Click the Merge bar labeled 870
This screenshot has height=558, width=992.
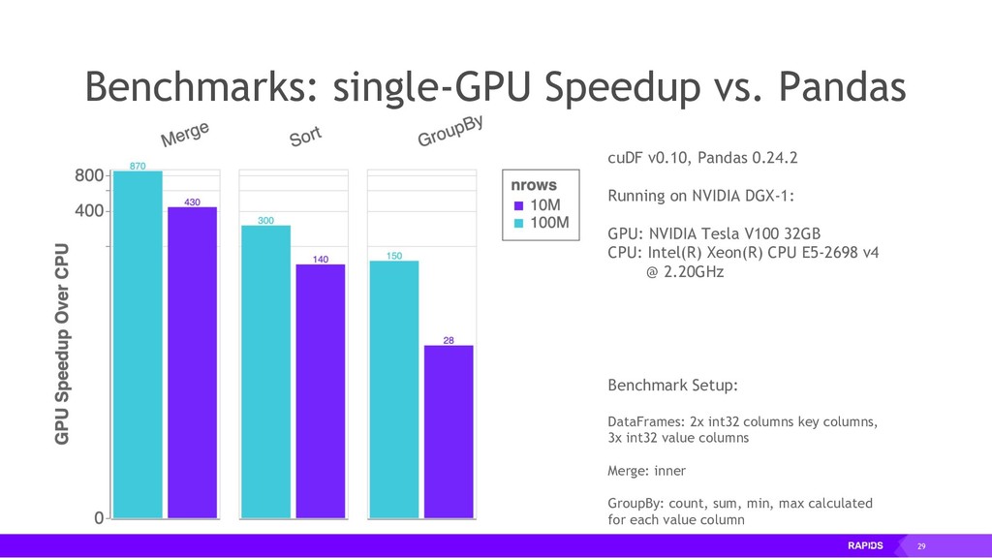point(138,344)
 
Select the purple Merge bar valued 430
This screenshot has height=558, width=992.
point(192,362)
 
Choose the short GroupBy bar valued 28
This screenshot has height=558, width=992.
point(449,431)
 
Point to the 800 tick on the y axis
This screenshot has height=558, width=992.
point(90,176)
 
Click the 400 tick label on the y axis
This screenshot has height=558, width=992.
point(90,211)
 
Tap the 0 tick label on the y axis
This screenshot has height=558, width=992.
point(99,518)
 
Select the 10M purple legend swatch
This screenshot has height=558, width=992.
point(518,205)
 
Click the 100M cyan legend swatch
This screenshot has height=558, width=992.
point(518,223)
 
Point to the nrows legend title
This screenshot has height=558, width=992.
point(534,184)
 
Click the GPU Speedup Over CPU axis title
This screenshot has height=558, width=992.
point(63,343)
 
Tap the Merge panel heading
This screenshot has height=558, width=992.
point(185,134)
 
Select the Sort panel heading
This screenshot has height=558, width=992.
point(305,136)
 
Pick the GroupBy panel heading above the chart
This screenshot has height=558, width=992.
point(450,132)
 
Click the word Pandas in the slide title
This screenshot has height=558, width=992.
point(842,87)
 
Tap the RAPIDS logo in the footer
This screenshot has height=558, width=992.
point(865,546)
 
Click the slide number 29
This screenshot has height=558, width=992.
point(921,547)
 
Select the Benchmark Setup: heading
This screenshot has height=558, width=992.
point(672,386)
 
